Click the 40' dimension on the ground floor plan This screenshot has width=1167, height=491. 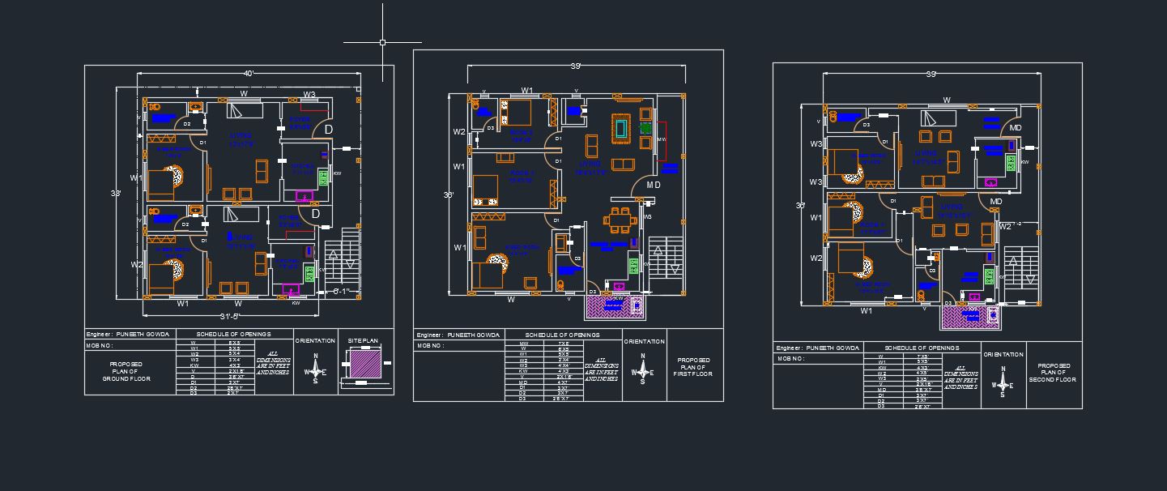pos(249,74)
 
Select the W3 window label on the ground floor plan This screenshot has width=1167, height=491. pos(309,95)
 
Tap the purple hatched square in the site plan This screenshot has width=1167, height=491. pos(363,363)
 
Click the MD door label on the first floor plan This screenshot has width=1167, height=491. pos(653,186)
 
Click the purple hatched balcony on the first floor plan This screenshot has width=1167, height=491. pos(615,309)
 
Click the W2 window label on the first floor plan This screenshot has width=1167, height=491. pos(459,132)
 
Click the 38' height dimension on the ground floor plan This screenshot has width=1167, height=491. pos(117,194)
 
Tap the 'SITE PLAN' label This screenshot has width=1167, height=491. pos(363,340)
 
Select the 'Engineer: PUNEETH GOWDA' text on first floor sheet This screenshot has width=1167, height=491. pos(458,335)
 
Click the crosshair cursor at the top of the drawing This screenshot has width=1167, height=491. pos(382,42)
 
